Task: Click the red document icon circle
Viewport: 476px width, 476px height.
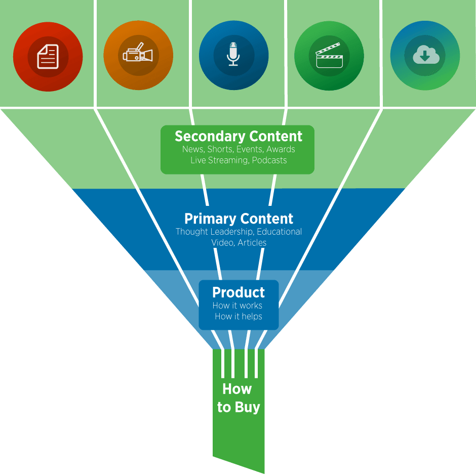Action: point(48,56)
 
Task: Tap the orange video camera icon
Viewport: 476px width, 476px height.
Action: point(138,55)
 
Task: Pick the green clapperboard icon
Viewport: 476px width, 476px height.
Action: point(329,56)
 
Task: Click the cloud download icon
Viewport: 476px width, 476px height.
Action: point(425,55)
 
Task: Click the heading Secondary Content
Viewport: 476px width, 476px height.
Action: point(238,136)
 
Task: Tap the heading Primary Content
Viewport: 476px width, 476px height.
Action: point(239,219)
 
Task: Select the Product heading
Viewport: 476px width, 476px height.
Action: point(238,292)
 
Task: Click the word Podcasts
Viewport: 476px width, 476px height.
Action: point(269,160)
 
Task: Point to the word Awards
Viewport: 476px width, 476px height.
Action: point(281,149)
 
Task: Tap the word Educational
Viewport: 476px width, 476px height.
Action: point(280,232)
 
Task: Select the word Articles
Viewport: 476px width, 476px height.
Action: point(252,243)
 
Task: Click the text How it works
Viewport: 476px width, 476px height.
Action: point(237,306)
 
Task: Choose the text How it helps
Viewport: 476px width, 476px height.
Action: point(238,317)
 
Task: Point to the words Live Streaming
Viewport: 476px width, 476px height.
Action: point(219,160)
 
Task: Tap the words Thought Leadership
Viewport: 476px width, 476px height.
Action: point(215,232)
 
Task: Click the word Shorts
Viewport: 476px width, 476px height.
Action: point(220,149)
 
